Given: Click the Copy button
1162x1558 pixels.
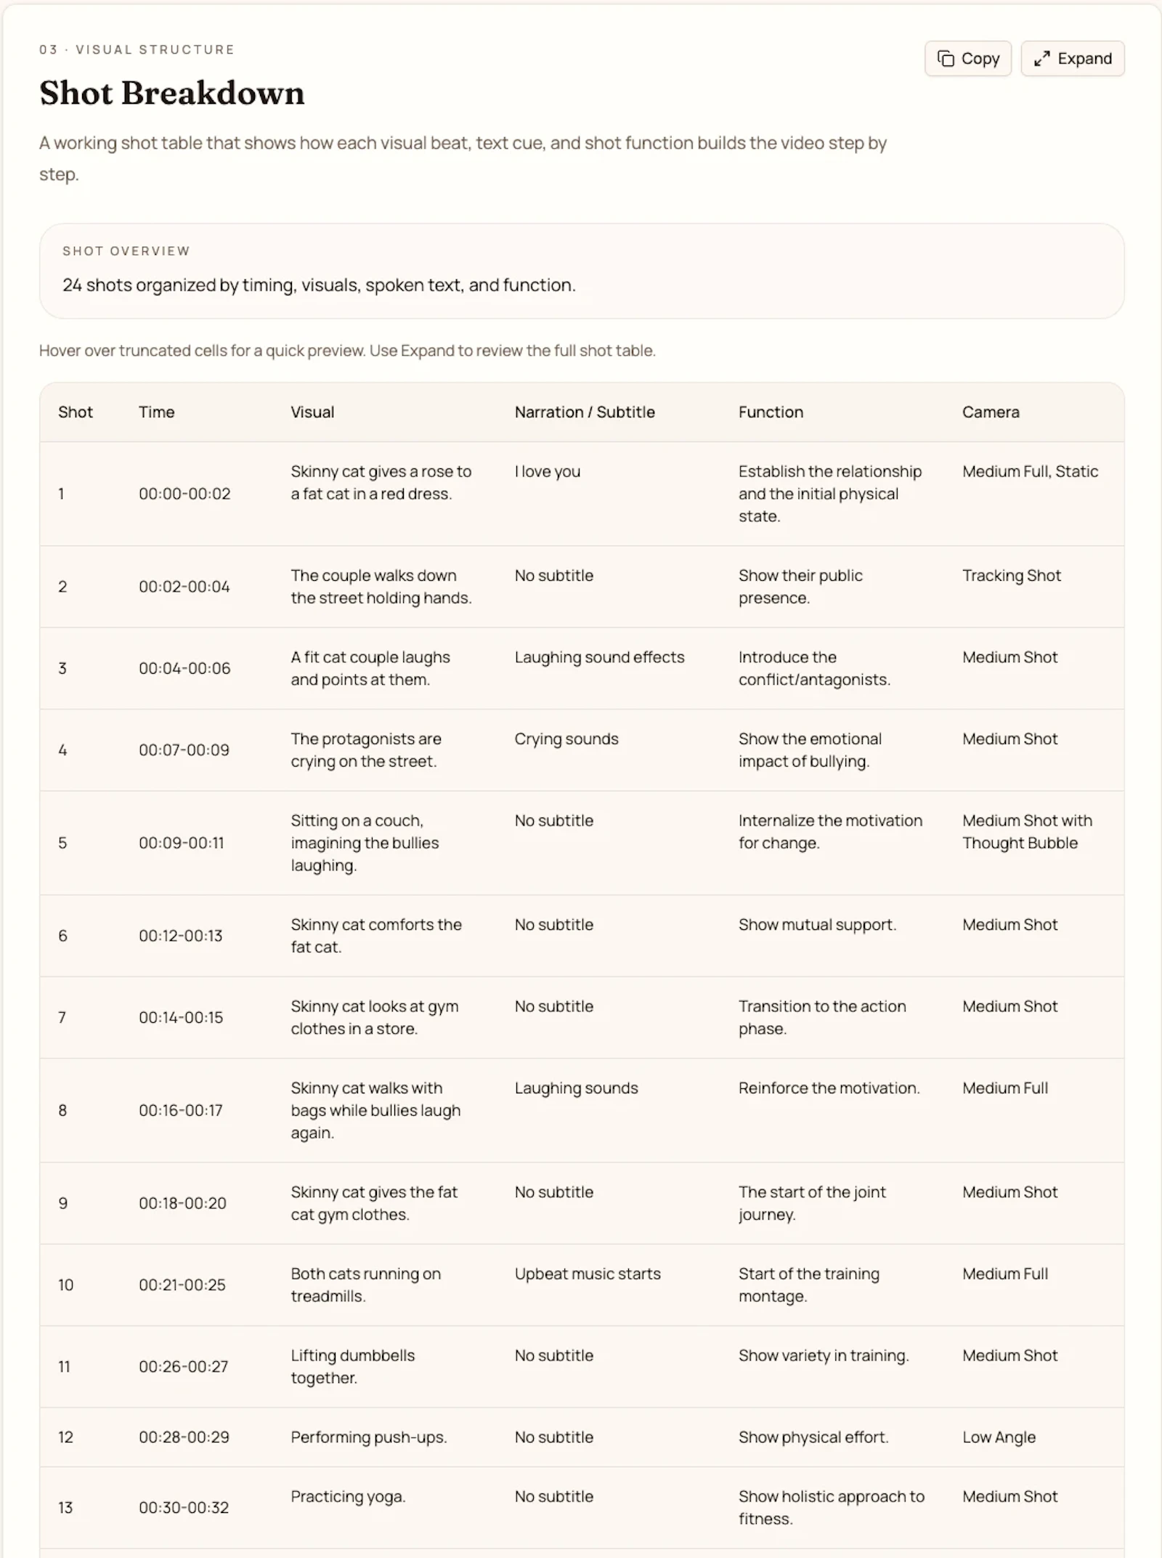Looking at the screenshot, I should click(967, 59).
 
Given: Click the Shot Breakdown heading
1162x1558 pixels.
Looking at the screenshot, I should click(172, 93).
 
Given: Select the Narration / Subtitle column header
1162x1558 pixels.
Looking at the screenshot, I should click(585, 412).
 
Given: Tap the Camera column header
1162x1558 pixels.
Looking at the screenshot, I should click(991, 412).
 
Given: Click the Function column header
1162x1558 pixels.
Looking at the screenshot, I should click(771, 412).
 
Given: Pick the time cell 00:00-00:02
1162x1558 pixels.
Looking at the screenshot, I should click(184, 494).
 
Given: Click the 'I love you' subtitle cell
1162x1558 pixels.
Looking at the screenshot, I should click(548, 472).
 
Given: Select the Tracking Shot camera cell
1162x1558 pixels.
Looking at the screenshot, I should click(1011, 576).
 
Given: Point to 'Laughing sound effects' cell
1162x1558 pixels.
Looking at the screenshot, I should click(599, 658).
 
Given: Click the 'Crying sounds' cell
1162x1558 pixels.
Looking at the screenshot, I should click(566, 739).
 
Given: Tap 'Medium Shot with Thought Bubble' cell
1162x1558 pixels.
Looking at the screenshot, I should click(1027, 832).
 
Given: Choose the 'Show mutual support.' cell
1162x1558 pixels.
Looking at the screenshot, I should click(817, 925).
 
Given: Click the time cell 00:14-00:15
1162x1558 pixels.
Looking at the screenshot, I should click(181, 1017).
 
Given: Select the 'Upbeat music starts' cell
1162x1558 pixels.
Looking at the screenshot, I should click(588, 1274).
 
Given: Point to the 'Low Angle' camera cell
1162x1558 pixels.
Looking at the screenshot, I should click(999, 1437).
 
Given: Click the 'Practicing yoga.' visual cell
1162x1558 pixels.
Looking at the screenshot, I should click(348, 1496).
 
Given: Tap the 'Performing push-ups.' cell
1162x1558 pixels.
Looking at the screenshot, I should click(369, 1437).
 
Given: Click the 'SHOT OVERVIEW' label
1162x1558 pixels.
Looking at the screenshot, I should click(126, 251).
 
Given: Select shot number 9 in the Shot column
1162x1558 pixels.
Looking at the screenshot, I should click(63, 1203).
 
